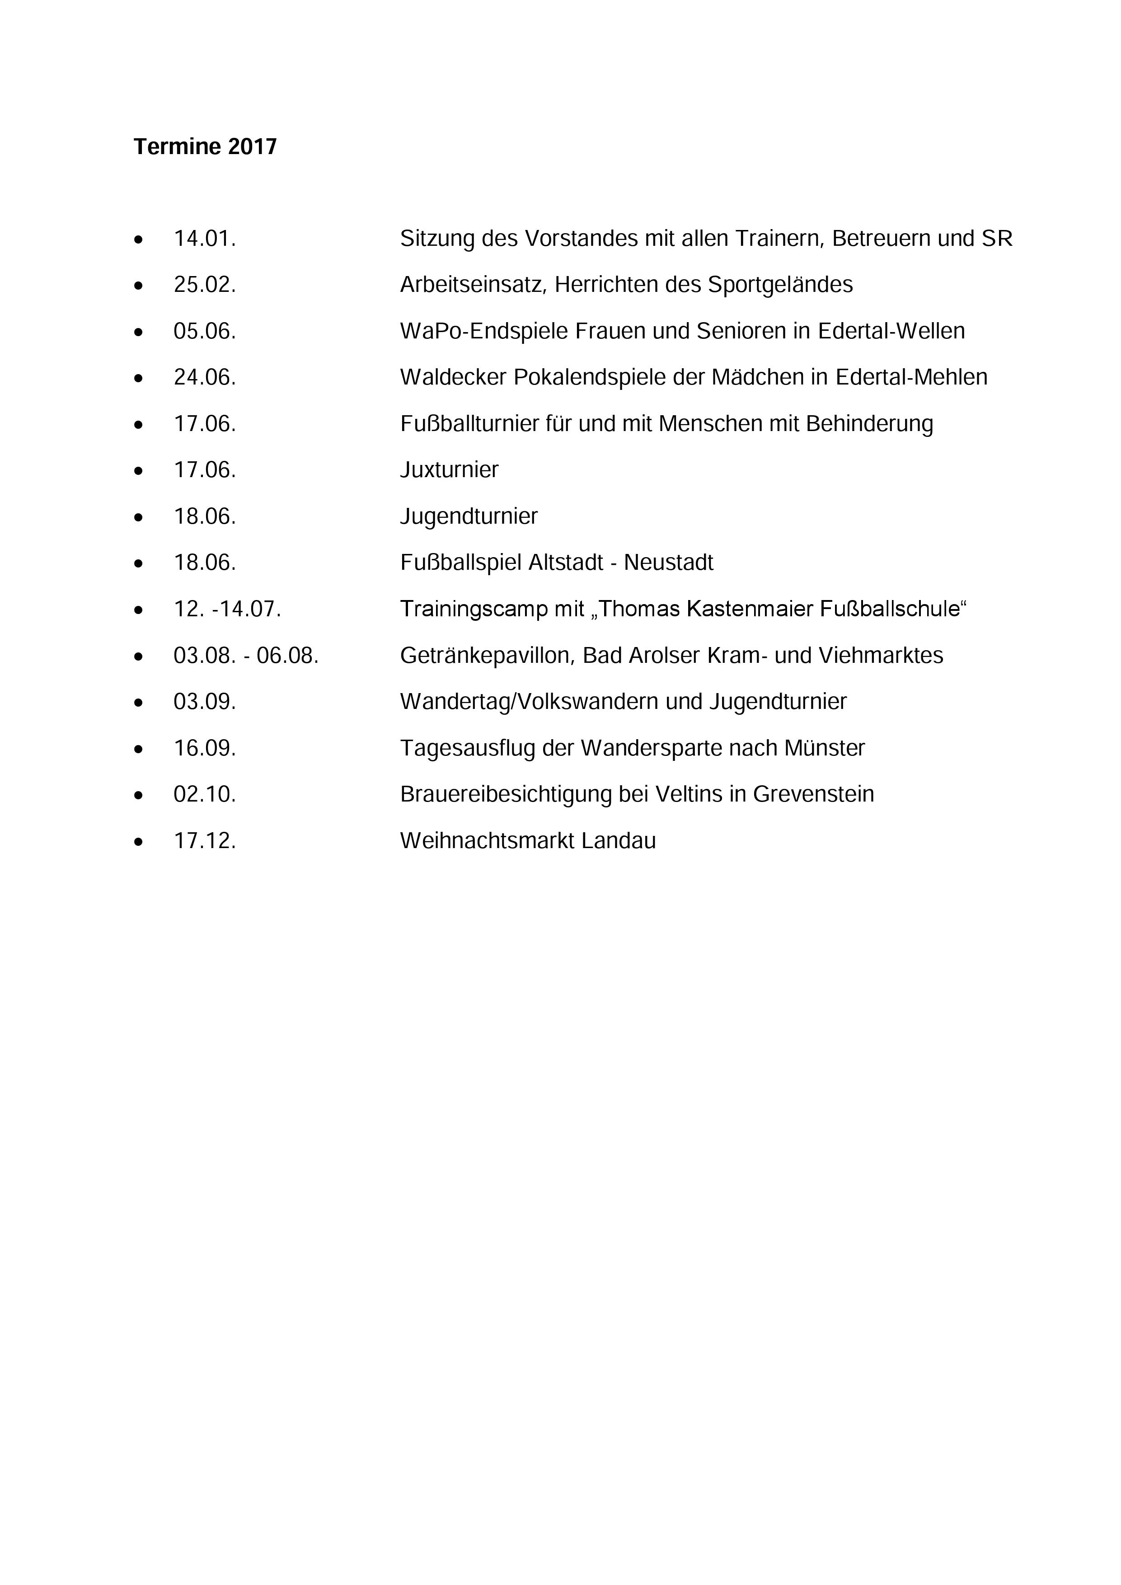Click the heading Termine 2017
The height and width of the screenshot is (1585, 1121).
click(x=205, y=146)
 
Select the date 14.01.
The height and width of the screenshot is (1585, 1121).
click(x=204, y=239)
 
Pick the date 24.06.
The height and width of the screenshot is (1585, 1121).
click(x=204, y=378)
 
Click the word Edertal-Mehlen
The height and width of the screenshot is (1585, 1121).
click(x=911, y=378)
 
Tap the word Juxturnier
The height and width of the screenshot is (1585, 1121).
click(x=449, y=470)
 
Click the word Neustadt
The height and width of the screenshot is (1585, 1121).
click(x=668, y=563)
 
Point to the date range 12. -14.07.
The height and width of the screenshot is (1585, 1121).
click(x=227, y=609)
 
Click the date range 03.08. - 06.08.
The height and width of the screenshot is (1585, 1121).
click(x=246, y=655)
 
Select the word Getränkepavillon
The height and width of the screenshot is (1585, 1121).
click(x=488, y=656)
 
